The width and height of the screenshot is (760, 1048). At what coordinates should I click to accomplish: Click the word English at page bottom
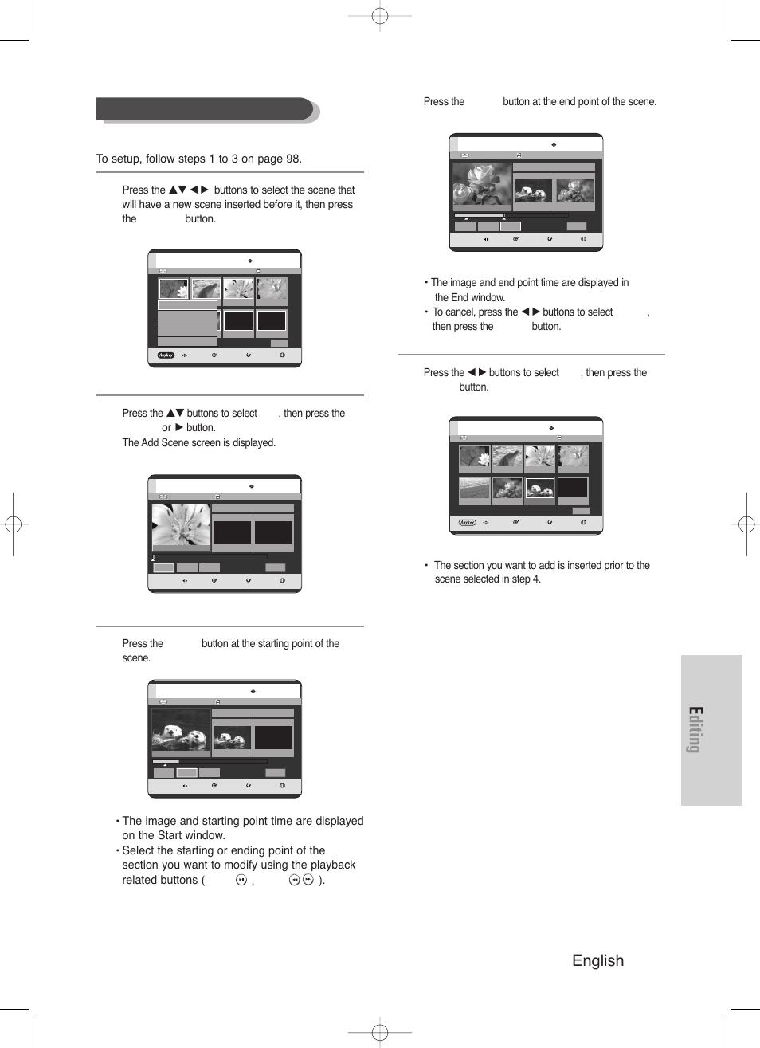pyautogui.click(x=597, y=960)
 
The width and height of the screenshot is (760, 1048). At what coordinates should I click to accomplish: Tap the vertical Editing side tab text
pyautogui.click(x=695, y=729)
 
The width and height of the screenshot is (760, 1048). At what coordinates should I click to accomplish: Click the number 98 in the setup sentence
pyautogui.click(x=292, y=159)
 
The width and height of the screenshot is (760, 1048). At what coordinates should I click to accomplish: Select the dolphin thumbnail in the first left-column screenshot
pyautogui.click(x=206, y=288)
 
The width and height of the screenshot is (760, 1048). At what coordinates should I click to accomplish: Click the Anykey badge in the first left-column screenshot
pyautogui.click(x=166, y=355)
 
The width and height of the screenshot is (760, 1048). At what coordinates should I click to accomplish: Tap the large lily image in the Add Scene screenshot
pyautogui.click(x=182, y=527)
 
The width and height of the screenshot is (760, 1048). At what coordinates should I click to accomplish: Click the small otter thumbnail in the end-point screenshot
pyautogui.click(x=533, y=190)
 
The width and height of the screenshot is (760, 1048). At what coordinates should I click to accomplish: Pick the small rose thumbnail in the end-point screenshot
pyautogui.click(x=574, y=190)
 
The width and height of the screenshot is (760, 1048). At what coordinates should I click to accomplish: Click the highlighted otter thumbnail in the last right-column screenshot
pyautogui.click(x=539, y=488)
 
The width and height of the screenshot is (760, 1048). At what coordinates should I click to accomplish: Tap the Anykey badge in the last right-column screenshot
pyautogui.click(x=467, y=523)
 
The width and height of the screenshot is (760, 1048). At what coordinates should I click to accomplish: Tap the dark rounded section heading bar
pyautogui.click(x=205, y=109)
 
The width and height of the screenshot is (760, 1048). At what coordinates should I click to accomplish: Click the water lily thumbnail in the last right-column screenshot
pyautogui.click(x=474, y=456)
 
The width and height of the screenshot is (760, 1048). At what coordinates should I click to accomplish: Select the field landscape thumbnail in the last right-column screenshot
pyautogui.click(x=474, y=488)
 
